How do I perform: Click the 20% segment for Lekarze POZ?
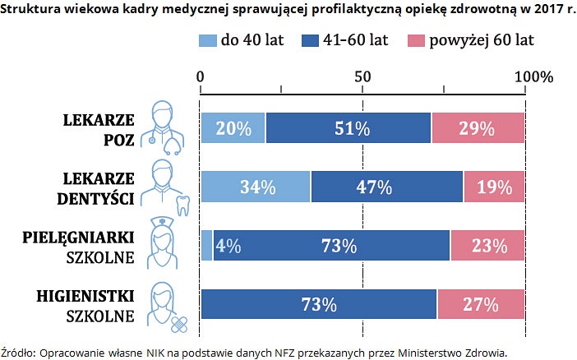tap(233, 128)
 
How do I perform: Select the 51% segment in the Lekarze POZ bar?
tap(349, 128)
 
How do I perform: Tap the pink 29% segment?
tap(478, 128)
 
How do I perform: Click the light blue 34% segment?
tap(256, 187)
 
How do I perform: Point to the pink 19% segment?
tap(494, 187)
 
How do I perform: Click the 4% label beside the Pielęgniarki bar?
tap(228, 245)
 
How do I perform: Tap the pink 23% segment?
tap(487, 245)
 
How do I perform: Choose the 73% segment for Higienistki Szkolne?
tap(319, 304)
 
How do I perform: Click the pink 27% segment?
tap(481, 304)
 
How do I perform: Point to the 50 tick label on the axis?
tap(362, 76)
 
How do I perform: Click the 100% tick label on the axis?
tap(533, 76)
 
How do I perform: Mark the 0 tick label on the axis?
tap(201, 76)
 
